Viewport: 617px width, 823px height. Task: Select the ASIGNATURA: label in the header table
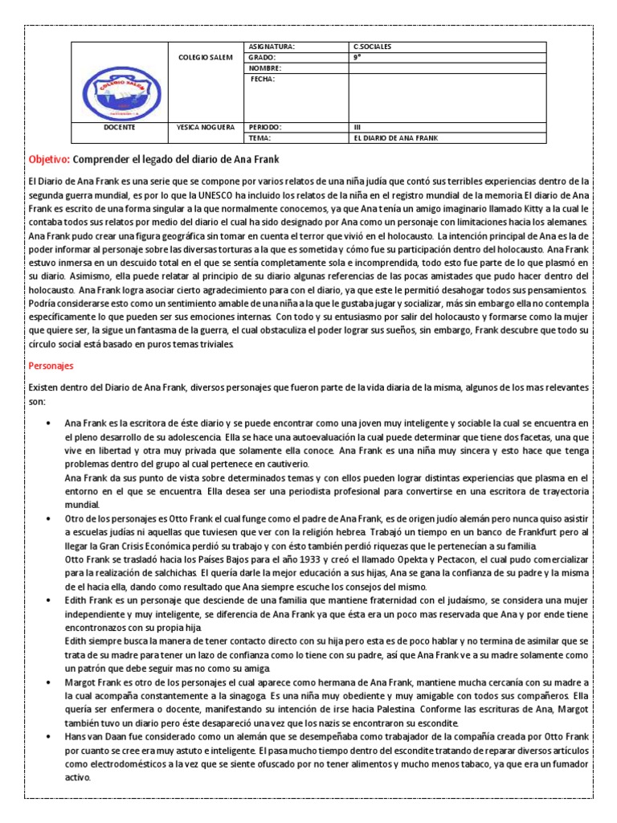pos(273,47)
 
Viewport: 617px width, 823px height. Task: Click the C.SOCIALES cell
pos(374,47)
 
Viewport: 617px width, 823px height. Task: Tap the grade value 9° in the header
pos(358,58)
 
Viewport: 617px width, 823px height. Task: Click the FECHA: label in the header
pos(263,80)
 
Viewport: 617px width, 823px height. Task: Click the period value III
pos(358,127)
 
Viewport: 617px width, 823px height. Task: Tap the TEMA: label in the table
pos(261,138)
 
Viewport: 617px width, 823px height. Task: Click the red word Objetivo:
pos(50,160)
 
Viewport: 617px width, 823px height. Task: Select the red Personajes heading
pos(51,365)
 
